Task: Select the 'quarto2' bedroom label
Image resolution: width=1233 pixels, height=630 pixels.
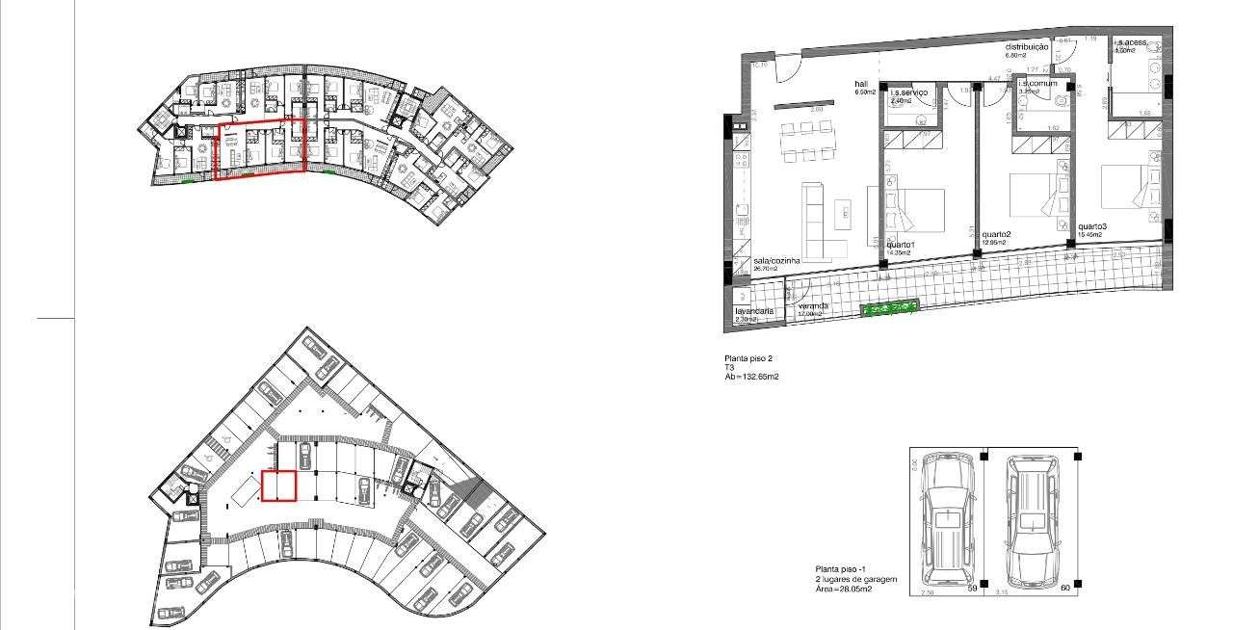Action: pos(996,234)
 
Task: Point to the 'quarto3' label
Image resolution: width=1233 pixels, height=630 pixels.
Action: pos(1092,226)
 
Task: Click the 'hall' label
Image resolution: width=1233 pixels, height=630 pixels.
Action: pos(861,84)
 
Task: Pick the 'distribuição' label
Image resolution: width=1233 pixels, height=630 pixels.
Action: pos(1027,46)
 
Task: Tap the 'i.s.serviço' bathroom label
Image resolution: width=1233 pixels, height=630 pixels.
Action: pos(909,92)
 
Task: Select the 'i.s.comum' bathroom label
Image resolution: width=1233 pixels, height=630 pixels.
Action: pos(1036,84)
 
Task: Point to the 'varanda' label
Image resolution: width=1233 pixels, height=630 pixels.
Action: pos(813,306)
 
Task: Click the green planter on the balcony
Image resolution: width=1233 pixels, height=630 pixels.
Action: pos(889,309)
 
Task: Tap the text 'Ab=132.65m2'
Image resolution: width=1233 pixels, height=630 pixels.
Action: pos(752,377)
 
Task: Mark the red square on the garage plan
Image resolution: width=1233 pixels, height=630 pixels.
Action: pos(278,486)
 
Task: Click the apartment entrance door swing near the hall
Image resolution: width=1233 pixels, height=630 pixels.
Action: pos(786,68)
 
